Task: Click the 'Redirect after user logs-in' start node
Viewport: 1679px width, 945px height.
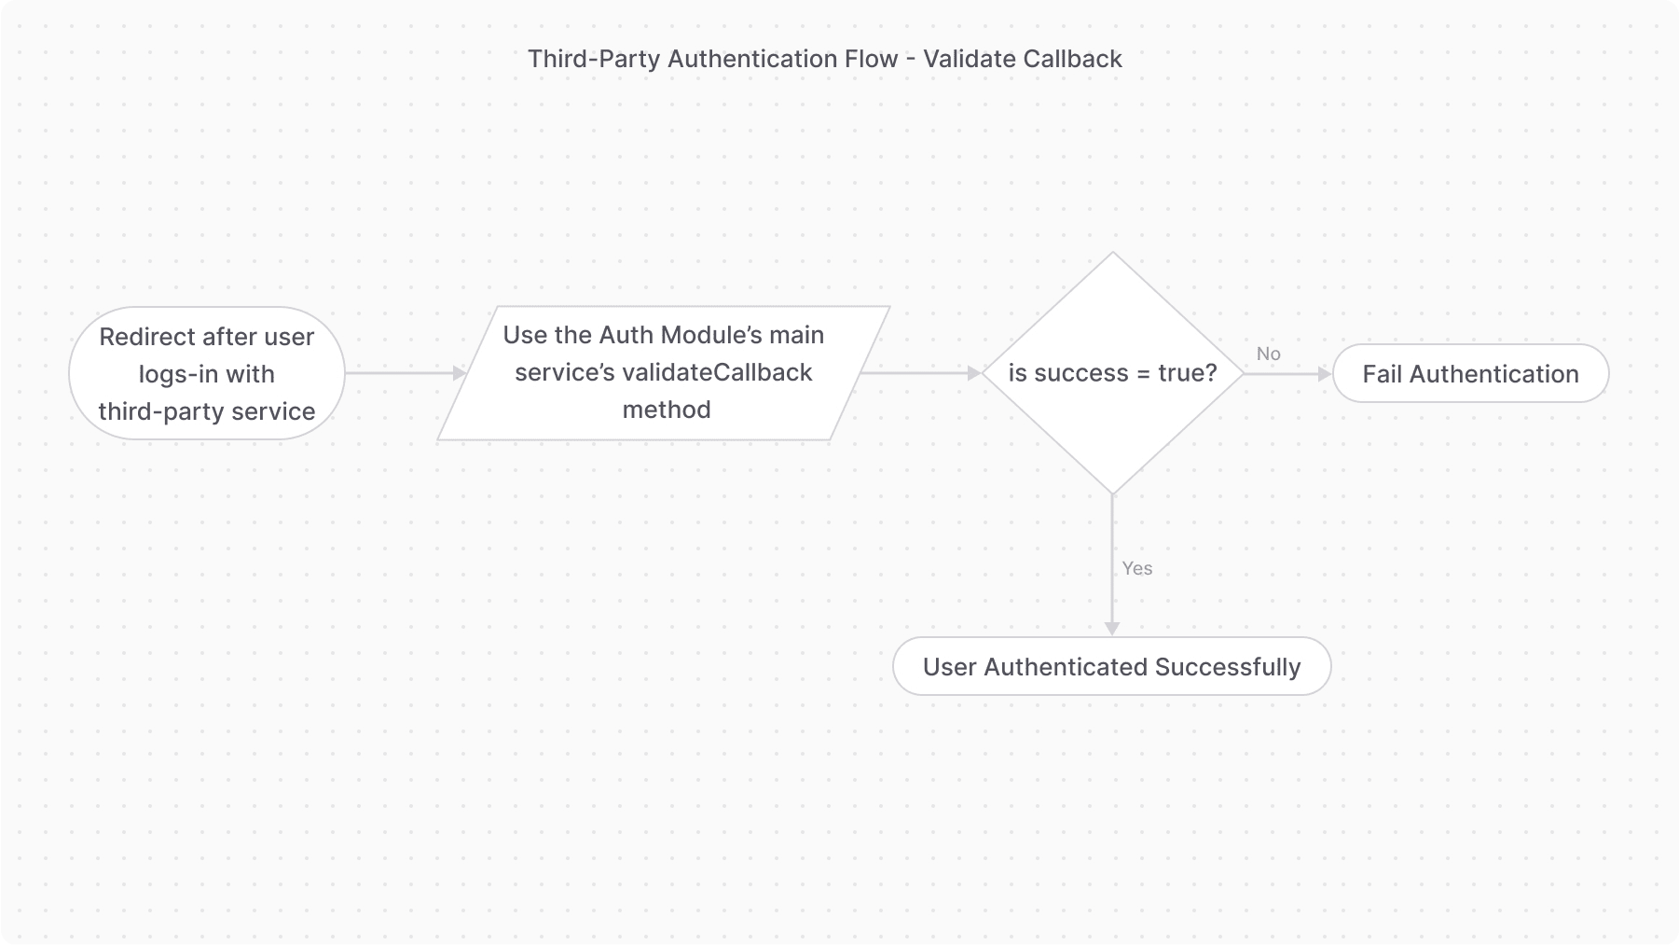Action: pos(206,373)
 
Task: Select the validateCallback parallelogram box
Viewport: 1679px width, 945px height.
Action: pos(663,373)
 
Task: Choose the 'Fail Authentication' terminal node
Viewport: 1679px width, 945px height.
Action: pos(1470,374)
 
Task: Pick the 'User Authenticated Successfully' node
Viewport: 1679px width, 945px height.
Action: pos(1111,667)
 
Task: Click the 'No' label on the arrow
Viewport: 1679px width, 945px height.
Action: pos(1268,354)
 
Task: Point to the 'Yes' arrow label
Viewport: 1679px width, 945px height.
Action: pos(1136,568)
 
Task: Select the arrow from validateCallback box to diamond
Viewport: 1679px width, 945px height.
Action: pos(919,373)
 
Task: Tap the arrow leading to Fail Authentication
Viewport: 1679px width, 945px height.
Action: pos(1287,374)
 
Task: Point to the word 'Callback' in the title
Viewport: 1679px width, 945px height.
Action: pos(1072,59)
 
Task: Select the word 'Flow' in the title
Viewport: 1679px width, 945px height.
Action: pos(870,59)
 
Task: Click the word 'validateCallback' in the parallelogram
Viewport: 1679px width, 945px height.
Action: pos(717,372)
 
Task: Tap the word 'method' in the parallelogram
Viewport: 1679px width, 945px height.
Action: pos(666,410)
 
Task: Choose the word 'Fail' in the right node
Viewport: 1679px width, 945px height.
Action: pos(1382,374)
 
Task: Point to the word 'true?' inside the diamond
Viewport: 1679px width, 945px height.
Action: pos(1187,373)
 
